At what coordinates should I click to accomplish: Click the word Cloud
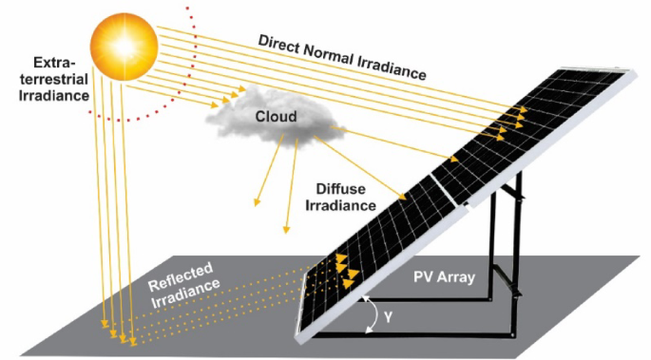[x=276, y=117]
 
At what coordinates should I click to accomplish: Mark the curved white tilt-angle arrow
[x=368, y=314]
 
